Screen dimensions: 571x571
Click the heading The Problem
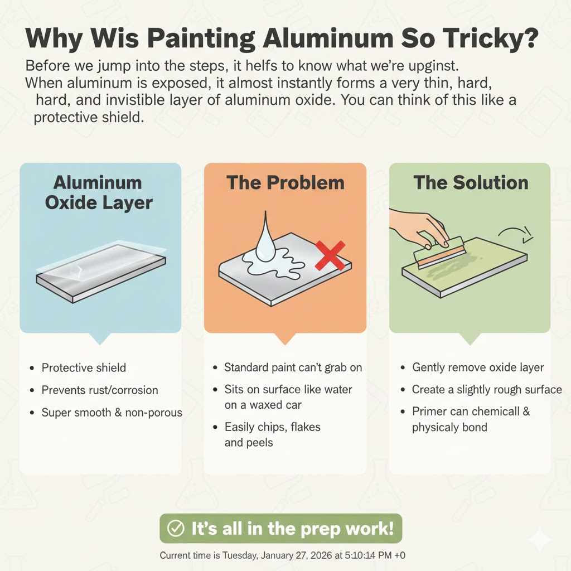tap(284, 183)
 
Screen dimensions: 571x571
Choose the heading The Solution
tap(471, 183)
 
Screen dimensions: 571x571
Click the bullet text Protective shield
tap(84, 367)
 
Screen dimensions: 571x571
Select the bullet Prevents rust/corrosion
tap(100, 390)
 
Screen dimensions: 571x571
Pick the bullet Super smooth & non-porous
tap(112, 413)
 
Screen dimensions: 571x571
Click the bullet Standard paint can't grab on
tap(293, 367)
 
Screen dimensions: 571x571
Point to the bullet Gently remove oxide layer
tap(478, 367)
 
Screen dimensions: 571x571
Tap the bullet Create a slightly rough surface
tap(487, 389)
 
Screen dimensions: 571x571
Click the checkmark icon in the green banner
tap(176, 528)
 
